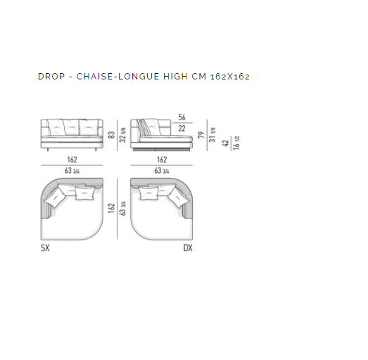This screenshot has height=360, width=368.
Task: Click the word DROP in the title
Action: point(51,77)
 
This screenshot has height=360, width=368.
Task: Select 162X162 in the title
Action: point(230,77)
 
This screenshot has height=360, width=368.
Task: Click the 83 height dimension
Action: point(111,134)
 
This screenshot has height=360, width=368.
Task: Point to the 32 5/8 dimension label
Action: point(122,135)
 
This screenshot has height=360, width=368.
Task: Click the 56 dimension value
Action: point(182,117)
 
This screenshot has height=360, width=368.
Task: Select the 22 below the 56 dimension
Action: point(182,129)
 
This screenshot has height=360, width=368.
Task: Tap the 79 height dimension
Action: point(201,135)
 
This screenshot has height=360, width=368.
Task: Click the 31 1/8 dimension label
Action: point(212,135)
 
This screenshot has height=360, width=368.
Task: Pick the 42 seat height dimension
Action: point(225,143)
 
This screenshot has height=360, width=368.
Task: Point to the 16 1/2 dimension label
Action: point(236,143)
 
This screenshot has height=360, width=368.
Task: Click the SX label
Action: point(45,248)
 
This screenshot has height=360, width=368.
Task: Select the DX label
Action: point(188,248)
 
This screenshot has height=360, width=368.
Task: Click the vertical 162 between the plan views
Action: point(111,208)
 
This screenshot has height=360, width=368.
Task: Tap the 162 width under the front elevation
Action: point(72,160)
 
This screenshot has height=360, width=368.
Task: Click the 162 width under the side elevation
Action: point(162,160)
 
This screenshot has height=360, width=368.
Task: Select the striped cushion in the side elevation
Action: point(143,127)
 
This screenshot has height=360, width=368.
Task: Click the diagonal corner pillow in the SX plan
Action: point(55,197)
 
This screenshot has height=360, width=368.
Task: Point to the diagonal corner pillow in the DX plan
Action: point(178,197)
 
